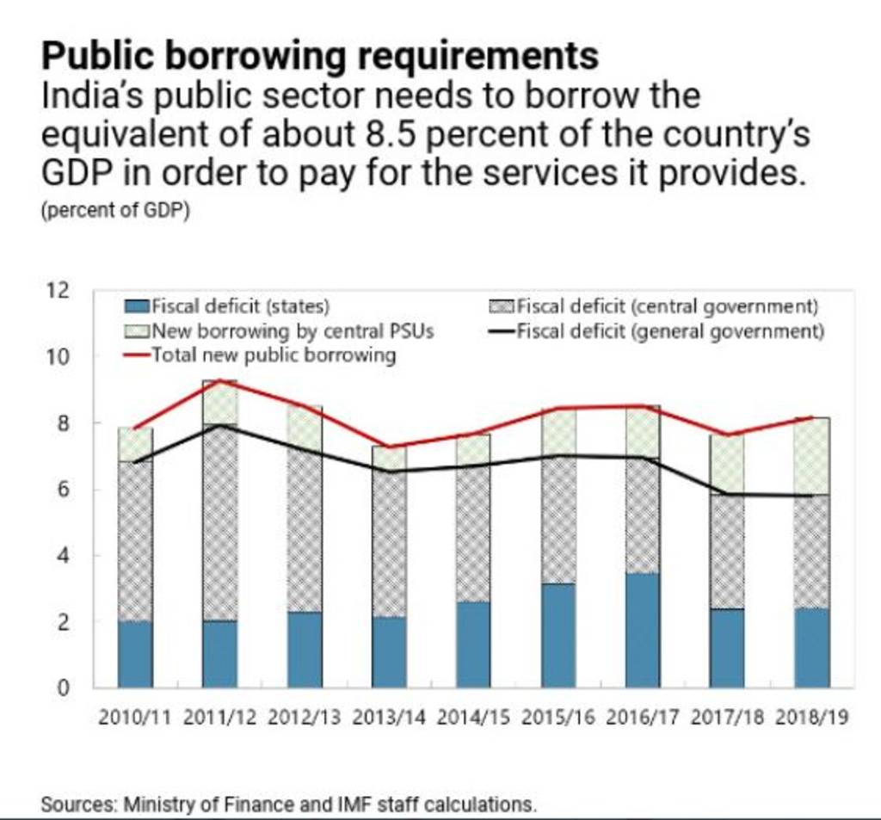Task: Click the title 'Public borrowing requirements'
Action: [x=320, y=57]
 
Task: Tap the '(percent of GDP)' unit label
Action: [x=115, y=211]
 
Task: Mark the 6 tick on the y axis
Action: [x=63, y=490]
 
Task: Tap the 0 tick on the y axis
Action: [x=63, y=688]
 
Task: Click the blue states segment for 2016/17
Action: [x=643, y=631]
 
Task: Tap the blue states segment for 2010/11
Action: [x=135, y=654]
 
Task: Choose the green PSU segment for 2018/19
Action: [x=812, y=456]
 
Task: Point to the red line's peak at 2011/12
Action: [x=220, y=380]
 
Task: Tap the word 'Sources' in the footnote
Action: [x=79, y=805]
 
